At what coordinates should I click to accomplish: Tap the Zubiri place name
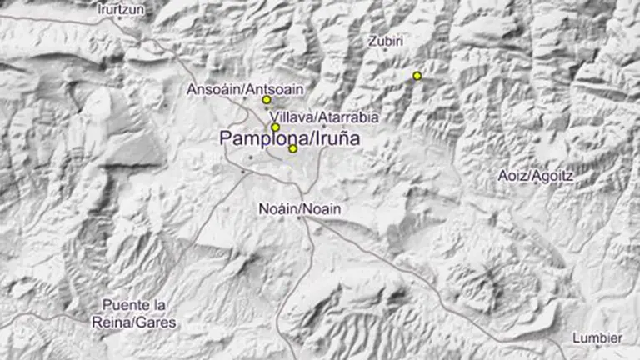pyautogui.click(x=385, y=39)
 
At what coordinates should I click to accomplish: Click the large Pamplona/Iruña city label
pyautogui.click(x=290, y=138)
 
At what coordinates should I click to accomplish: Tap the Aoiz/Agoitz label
pyautogui.click(x=536, y=175)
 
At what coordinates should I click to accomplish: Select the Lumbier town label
pyautogui.click(x=597, y=337)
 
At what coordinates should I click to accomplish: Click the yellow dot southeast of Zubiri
pyautogui.click(x=417, y=76)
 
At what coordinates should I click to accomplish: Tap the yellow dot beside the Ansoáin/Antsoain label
pyautogui.click(x=267, y=100)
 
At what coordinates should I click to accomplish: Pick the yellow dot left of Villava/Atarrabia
pyautogui.click(x=275, y=127)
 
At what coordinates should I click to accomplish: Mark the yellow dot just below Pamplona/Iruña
pyautogui.click(x=293, y=149)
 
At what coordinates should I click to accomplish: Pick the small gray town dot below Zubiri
pyautogui.click(x=384, y=50)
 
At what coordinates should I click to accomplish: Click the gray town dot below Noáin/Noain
pyautogui.click(x=298, y=217)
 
